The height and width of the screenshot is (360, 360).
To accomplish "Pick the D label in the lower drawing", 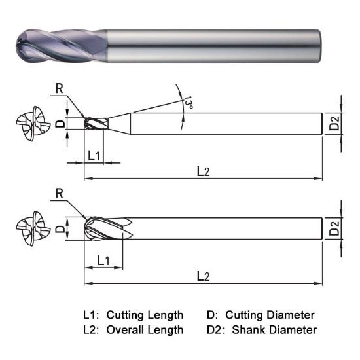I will (x=59, y=229).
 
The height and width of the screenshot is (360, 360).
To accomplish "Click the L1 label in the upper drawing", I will (x=94, y=156).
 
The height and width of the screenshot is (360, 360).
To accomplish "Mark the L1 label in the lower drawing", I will (x=103, y=261).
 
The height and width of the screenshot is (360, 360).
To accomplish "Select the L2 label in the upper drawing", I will (x=204, y=171).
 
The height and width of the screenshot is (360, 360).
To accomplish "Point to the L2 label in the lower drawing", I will (x=204, y=276).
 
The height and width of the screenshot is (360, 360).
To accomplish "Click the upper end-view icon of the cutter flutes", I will (x=29, y=123).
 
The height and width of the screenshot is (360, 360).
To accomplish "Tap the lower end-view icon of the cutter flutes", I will (x=29, y=228).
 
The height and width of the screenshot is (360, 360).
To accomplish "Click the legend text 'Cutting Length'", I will (x=145, y=315).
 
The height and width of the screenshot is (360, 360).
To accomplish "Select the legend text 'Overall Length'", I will (x=145, y=329).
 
